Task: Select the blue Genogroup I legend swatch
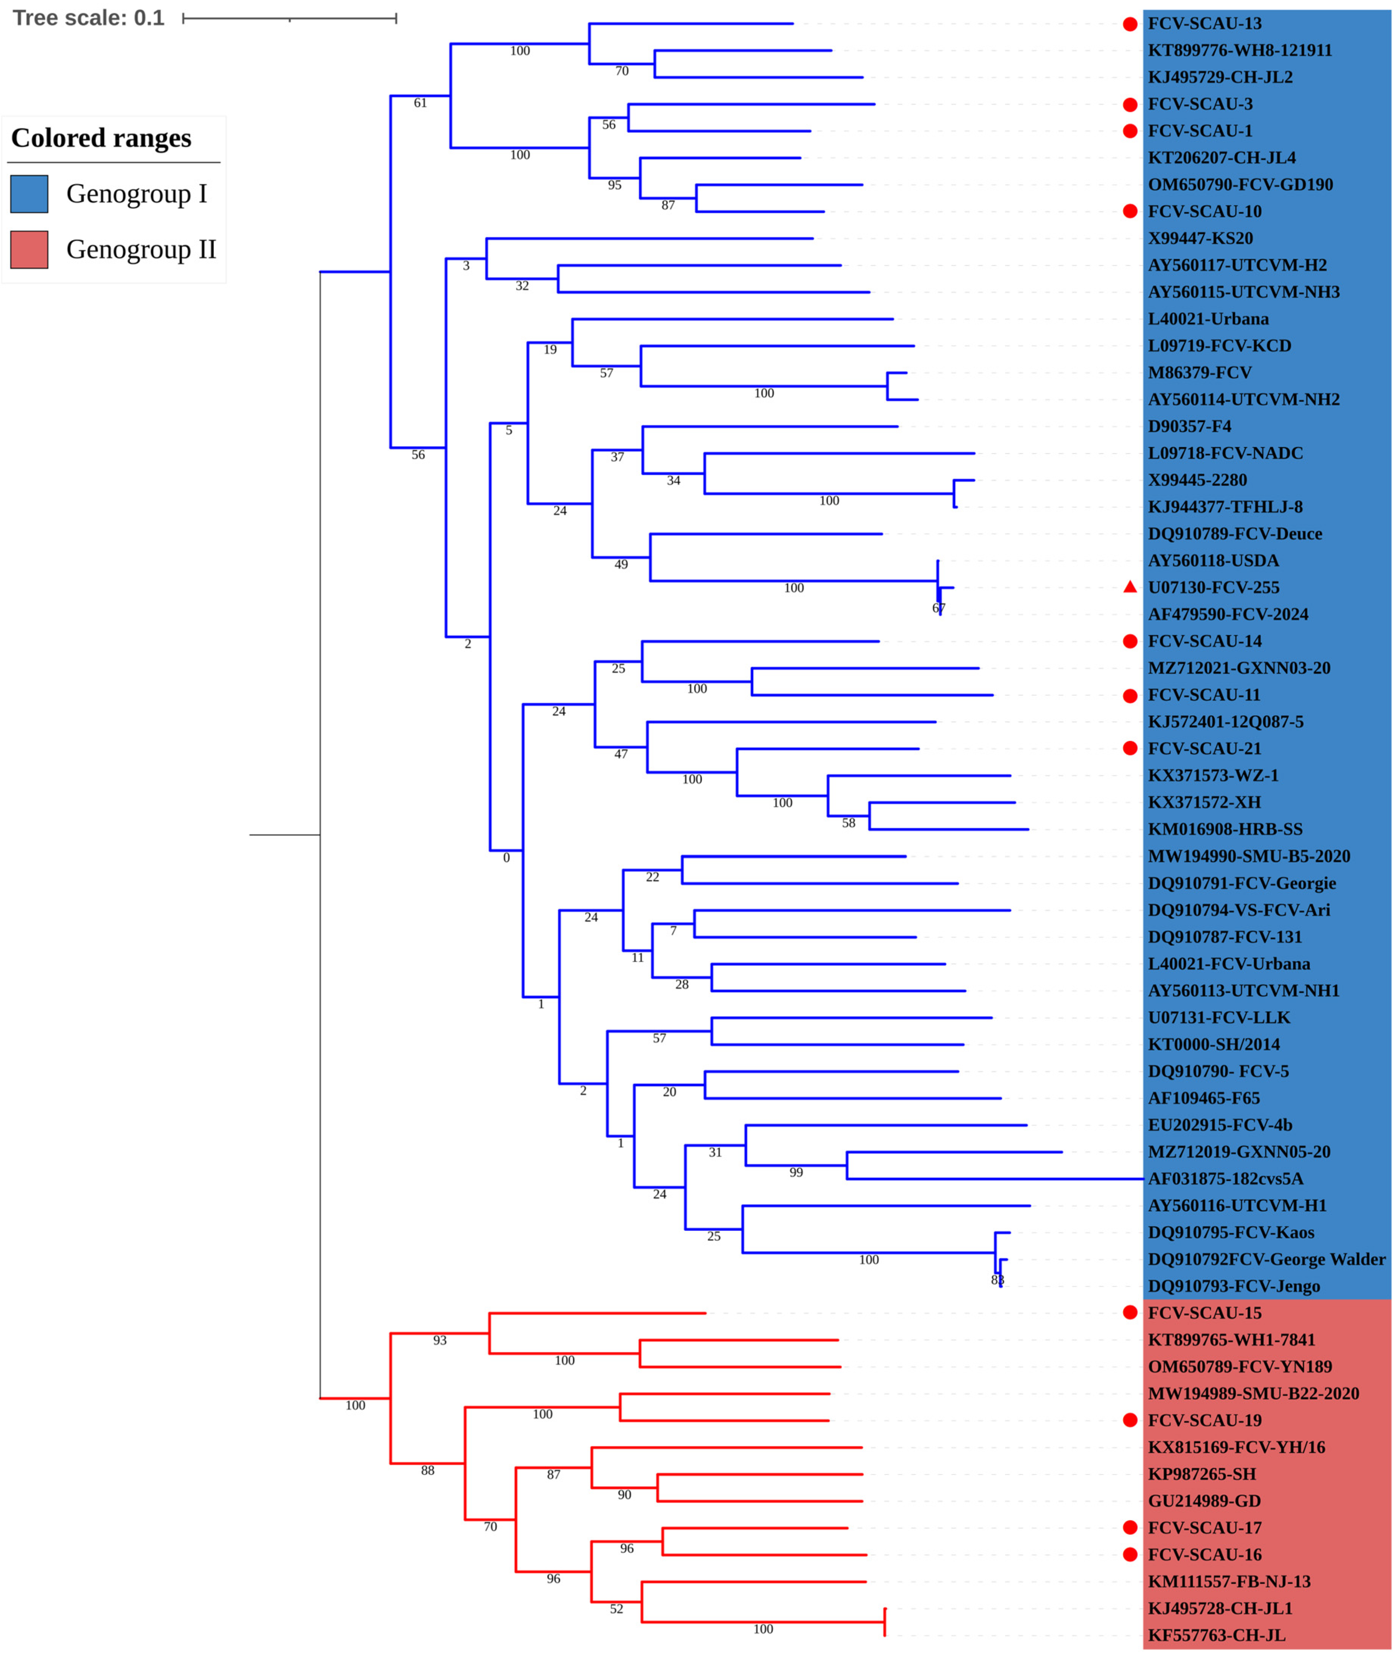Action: tap(29, 194)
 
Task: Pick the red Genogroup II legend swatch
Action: tap(29, 249)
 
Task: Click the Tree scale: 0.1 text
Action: tap(89, 17)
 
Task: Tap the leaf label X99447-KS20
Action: tap(1200, 238)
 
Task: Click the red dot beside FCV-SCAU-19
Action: tap(1130, 1420)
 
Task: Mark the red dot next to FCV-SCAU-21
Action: tap(1130, 749)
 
